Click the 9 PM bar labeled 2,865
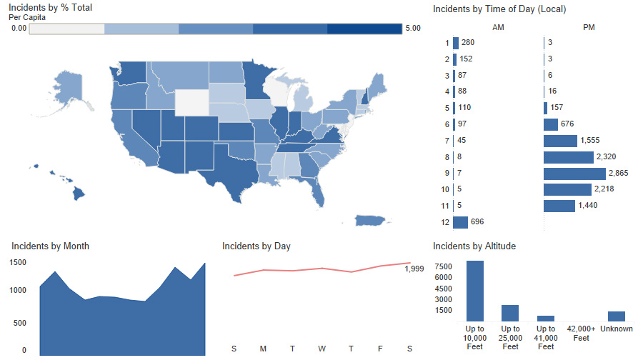(574, 174)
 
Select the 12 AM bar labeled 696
(459, 222)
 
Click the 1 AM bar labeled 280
(455, 43)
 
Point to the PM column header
(589, 27)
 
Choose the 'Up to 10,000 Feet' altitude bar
(475, 291)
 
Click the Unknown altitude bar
(616, 316)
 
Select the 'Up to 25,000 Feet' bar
(510, 313)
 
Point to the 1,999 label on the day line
(414, 269)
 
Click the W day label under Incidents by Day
(322, 349)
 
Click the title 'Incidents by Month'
(50, 246)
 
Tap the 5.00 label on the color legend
(412, 29)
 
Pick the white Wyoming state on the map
(194, 102)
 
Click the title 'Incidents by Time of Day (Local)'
(499, 9)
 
